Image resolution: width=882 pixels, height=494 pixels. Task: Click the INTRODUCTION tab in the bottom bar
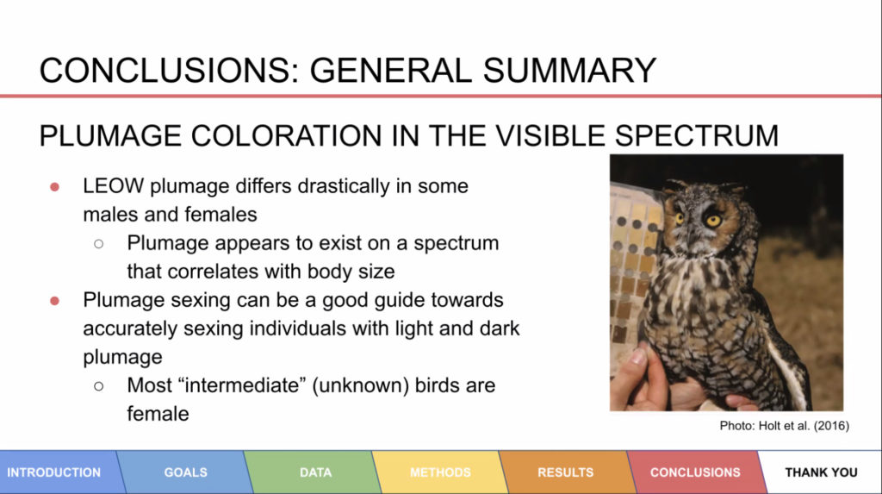tap(54, 472)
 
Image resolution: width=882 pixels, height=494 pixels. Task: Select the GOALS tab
tap(186, 472)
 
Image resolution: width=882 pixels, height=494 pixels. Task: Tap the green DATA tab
tap(315, 472)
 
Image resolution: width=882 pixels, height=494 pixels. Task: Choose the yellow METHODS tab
tap(440, 472)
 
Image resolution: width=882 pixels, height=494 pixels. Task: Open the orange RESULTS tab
tap(565, 472)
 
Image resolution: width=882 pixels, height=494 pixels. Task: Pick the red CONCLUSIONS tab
tap(695, 472)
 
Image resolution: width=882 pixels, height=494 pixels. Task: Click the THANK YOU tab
tap(821, 472)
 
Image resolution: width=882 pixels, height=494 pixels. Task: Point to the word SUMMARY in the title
tap(569, 71)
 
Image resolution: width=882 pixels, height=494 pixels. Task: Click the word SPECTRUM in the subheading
tap(696, 135)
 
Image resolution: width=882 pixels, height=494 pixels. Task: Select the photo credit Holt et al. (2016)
tap(804, 425)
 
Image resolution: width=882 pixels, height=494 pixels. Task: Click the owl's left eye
tap(714, 220)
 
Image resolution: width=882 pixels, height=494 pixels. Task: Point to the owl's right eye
tap(679, 218)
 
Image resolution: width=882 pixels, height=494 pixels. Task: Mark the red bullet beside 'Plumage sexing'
tap(54, 301)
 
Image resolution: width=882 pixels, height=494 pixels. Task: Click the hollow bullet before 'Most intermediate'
tap(99, 386)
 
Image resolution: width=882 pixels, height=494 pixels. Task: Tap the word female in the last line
tap(158, 414)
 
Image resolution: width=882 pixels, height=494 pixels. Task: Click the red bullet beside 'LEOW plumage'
tap(54, 187)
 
